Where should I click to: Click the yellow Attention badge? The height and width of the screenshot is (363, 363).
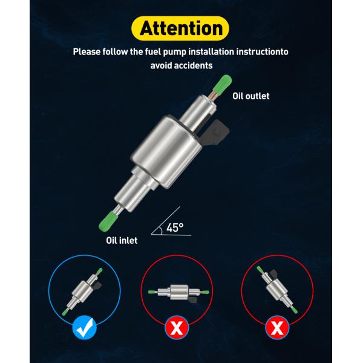pos(180,28)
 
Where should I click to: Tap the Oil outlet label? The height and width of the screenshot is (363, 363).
pos(250,96)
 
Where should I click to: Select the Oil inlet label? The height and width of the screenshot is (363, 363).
pos(122,240)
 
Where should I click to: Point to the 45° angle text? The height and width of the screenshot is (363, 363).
pos(175,227)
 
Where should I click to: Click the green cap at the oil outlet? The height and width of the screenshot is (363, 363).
pos(223,83)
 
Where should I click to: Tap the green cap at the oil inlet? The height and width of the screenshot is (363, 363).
pos(108,221)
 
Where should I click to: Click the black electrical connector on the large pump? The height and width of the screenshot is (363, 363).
pos(214,132)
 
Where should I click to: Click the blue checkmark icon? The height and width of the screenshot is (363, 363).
pos(84,327)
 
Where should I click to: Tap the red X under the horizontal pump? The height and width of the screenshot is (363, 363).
pos(177,328)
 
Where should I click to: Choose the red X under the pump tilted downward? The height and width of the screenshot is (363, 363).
pos(277,327)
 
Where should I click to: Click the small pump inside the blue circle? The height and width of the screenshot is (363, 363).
pos(82,292)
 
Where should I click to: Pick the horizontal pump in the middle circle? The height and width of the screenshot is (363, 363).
pos(178,293)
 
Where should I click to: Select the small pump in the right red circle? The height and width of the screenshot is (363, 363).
pos(277,290)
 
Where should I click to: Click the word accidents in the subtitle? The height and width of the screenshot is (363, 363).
pos(193,65)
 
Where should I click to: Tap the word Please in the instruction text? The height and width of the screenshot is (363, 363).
pos(87,51)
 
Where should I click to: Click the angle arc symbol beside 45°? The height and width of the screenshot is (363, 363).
pos(161,231)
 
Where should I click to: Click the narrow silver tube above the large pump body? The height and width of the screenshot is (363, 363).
pos(198,111)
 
